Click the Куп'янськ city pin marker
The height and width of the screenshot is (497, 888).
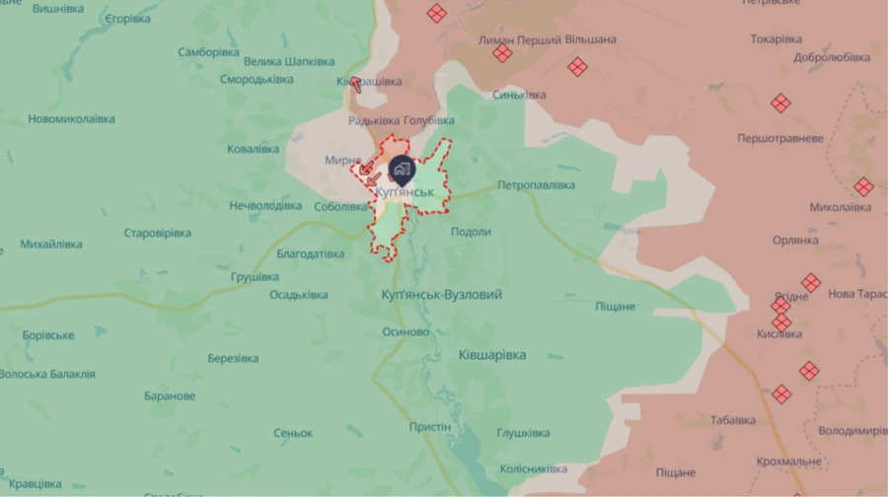pyautogui.click(x=401, y=169)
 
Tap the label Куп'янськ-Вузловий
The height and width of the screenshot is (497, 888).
pyautogui.click(x=441, y=295)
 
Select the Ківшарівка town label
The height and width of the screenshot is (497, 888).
pyautogui.click(x=492, y=355)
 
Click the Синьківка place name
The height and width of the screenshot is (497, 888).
pyautogui.click(x=519, y=95)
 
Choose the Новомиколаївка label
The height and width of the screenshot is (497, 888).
pyautogui.click(x=71, y=119)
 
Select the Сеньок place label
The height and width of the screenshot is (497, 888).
pyautogui.click(x=293, y=434)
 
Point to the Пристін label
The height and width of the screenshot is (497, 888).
pyautogui.click(x=430, y=427)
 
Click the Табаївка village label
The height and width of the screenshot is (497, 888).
pyautogui.click(x=732, y=420)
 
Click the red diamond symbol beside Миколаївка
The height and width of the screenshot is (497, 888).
pyautogui.click(x=863, y=186)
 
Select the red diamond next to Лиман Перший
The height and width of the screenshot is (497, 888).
pyautogui.click(x=503, y=53)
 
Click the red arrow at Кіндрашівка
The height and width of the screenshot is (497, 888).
pyautogui.click(x=355, y=84)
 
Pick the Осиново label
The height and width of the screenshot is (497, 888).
pyautogui.click(x=406, y=332)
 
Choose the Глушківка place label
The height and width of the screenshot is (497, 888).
pyautogui.click(x=523, y=433)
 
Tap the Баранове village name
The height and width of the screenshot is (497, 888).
pyautogui.click(x=170, y=396)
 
